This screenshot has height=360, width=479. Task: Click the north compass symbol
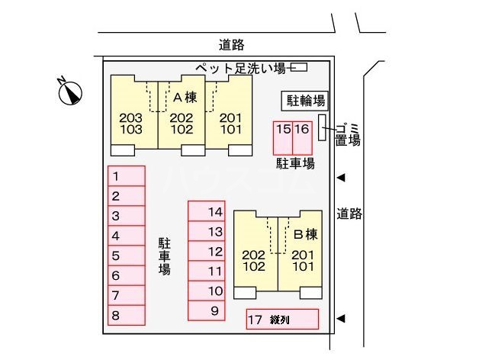71,92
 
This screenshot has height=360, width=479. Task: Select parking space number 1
127,176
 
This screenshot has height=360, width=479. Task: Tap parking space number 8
127,315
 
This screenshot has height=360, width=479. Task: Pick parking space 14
207,211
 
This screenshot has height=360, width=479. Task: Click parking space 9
207,310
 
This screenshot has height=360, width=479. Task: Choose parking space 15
283,138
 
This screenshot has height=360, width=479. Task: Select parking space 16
303,138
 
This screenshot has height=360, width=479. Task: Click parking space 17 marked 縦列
282,319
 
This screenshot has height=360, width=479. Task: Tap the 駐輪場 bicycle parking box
305,101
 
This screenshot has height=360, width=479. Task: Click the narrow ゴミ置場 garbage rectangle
322,127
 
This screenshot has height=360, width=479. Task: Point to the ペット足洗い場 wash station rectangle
299,67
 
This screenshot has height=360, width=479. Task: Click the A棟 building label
185,98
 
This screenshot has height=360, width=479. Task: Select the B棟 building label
306,234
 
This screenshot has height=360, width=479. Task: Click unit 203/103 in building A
131,124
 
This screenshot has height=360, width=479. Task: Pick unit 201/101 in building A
230,124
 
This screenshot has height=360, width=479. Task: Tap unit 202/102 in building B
254,261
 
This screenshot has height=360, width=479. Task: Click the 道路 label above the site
232,45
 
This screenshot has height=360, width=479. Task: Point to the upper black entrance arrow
341,178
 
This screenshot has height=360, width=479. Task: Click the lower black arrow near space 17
341,319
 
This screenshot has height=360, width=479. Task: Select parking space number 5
127,256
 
